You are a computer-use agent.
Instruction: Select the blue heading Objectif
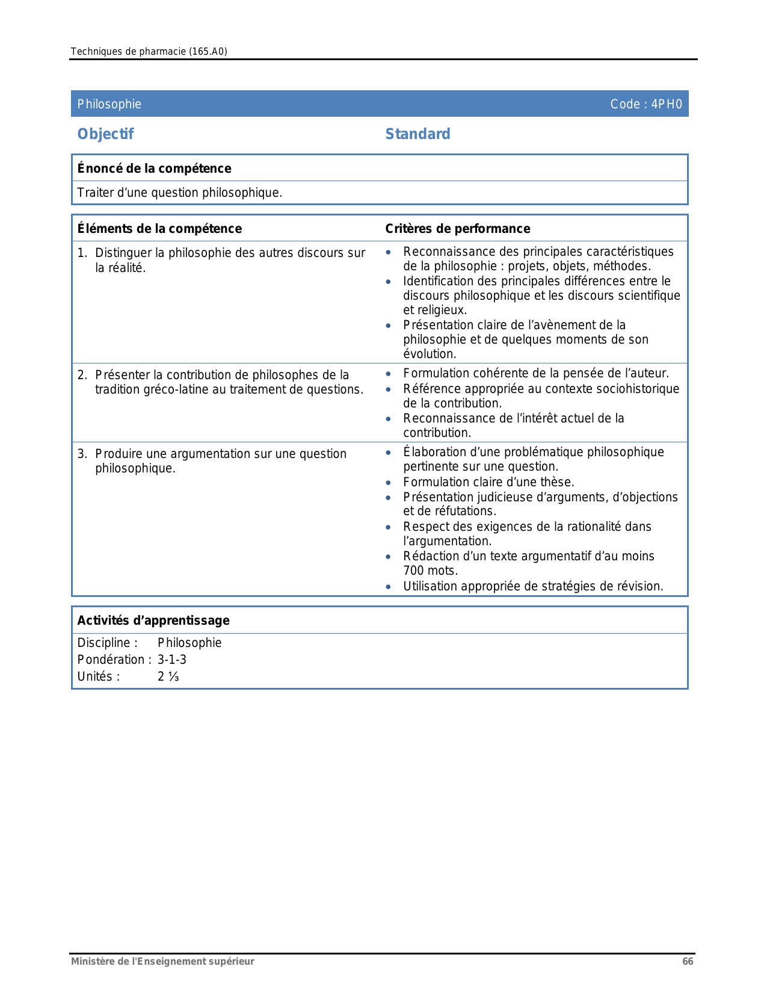coord(105,134)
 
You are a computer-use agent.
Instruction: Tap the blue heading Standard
coord(417,134)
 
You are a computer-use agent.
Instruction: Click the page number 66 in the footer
coord(688,961)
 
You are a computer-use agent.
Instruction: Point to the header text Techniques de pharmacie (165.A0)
coord(149,51)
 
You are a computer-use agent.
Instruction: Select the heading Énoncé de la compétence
coord(154,169)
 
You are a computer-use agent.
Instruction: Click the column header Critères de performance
coord(457,229)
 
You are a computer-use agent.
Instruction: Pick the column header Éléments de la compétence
coord(159,229)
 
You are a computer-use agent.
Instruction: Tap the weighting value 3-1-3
coord(172,660)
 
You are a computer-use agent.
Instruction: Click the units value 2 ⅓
coord(168,676)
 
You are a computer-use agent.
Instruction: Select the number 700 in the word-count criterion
coord(414,571)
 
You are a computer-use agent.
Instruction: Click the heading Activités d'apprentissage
coord(153,620)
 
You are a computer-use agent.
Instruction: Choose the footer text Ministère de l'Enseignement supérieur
coord(162,961)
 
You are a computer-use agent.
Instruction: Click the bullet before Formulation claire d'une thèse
coord(389,483)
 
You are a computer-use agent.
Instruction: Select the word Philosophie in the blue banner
coord(109,104)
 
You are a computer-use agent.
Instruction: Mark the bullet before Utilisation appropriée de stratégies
coord(389,587)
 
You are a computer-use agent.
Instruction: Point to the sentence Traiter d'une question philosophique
coord(179,193)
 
